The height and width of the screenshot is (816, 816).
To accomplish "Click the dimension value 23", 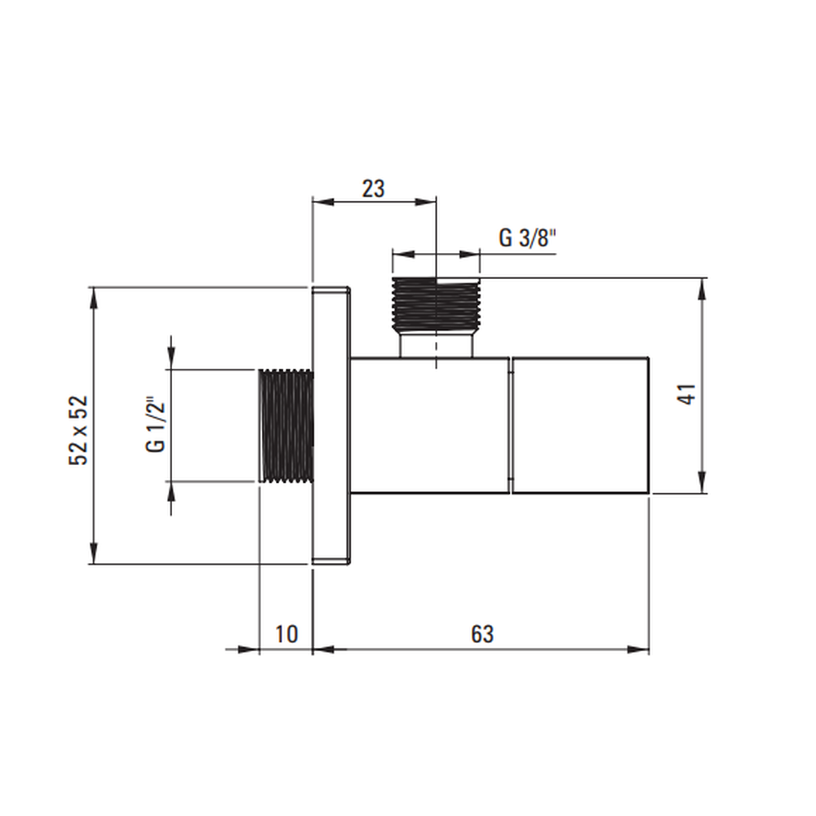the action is tap(373, 189).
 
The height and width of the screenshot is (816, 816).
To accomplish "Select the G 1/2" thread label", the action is tap(156, 428).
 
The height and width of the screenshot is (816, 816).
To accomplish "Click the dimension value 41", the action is tap(687, 394).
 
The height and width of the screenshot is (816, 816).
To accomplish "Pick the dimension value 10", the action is tap(286, 634).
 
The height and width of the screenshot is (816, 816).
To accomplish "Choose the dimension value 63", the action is tap(482, 634).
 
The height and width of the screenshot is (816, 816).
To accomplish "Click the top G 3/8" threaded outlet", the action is tap(436, 304).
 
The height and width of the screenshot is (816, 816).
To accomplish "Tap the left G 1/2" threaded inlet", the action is tap(286, 426).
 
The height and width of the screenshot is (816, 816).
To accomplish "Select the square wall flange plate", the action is tap(330, 426).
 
